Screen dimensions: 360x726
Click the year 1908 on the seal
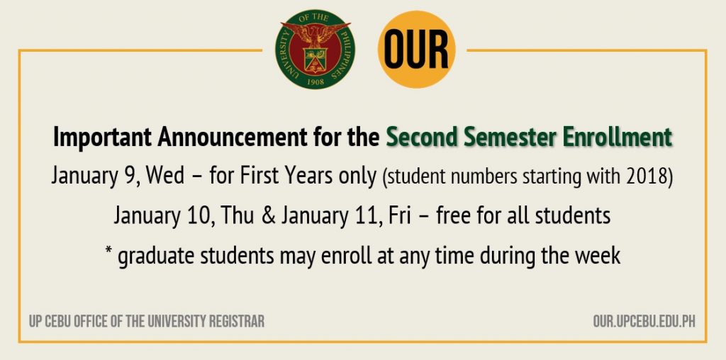[x=315, y=81]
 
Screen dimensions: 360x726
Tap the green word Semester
[x=501, y=137]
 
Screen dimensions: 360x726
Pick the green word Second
[x=416, y=137]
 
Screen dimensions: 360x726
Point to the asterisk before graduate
[x=108, y=252]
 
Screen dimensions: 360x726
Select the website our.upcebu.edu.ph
[x=644, y=322]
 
